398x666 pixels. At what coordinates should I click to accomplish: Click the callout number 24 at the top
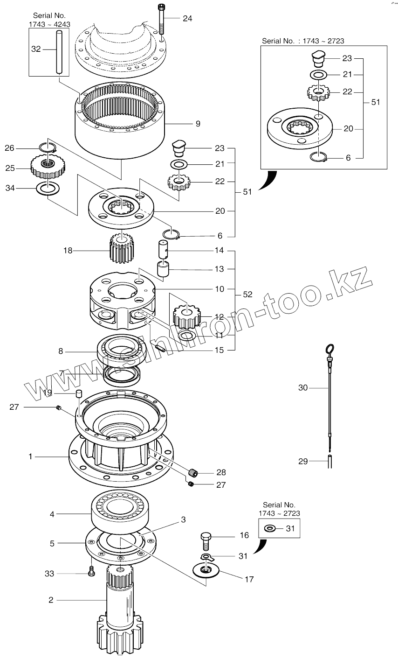pos(187,18)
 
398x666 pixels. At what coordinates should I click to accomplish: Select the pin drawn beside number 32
pos(59,51)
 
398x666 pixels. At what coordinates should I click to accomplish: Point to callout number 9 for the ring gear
pos(198,124)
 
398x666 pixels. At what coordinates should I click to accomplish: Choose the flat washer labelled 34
pos(48,188)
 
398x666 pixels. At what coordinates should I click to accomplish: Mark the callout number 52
pos(247,294)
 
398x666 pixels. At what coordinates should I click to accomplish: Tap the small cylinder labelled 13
pos(163,270)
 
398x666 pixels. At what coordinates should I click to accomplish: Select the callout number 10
pos(219,289)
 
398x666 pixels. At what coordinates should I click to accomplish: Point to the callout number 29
pos(303,461)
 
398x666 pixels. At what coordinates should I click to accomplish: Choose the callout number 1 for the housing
pos(31,456)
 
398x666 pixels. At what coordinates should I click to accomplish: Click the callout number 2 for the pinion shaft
pos(51,600)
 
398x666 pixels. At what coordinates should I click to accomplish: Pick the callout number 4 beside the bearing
pos(52,514)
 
